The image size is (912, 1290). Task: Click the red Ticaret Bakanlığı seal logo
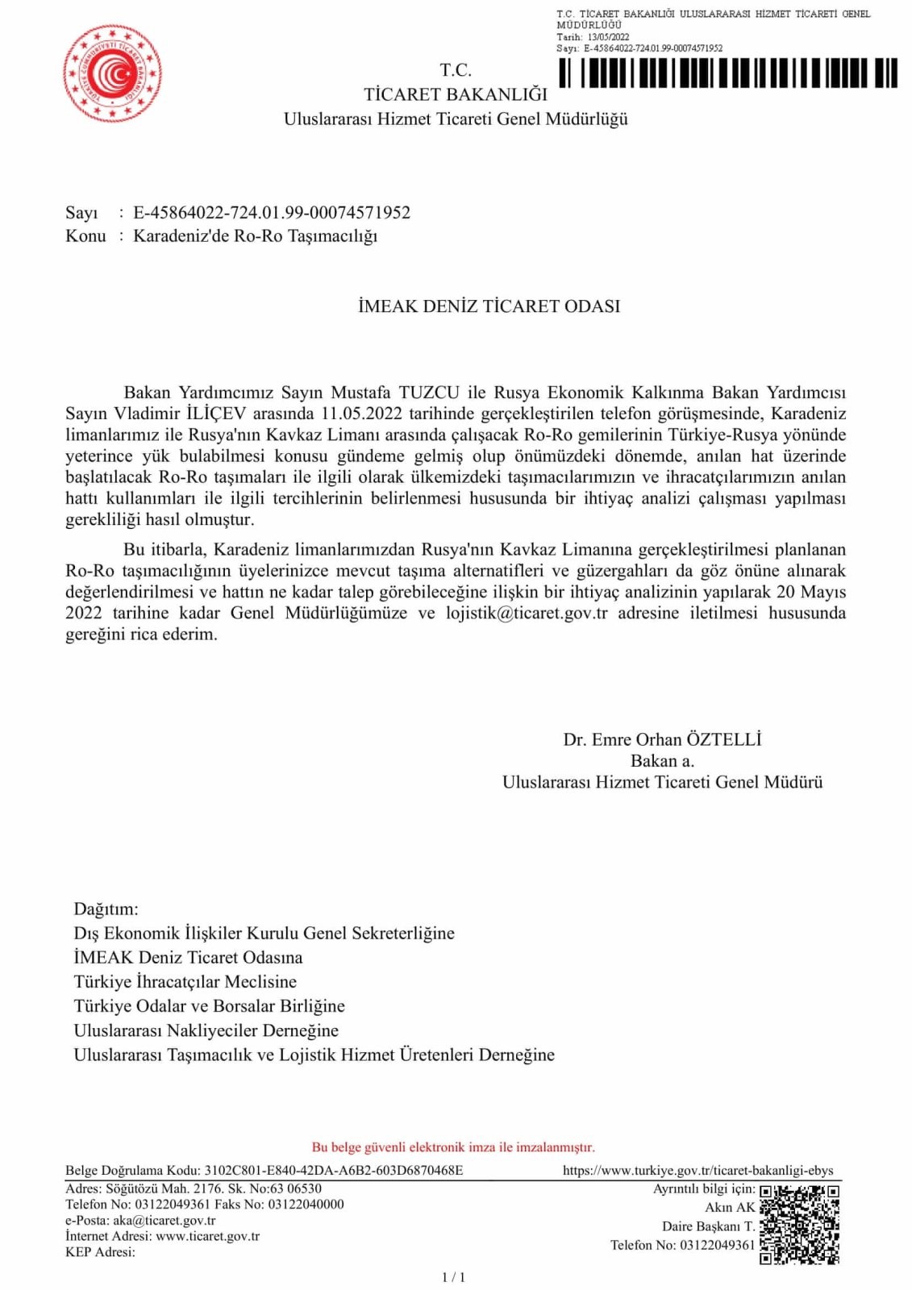[112, 73]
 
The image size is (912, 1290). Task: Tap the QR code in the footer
[799, 1224]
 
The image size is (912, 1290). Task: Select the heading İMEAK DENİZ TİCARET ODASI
[489, 306]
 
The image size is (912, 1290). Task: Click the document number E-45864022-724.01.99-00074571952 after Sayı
[272, 213]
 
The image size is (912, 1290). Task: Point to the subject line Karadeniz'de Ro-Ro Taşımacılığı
[255, 236]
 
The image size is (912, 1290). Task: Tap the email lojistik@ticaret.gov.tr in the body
[527, 613]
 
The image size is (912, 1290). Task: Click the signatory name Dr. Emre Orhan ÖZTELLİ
[662, 739]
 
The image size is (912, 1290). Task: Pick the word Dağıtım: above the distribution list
[106, 909]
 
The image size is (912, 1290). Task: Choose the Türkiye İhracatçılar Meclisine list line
[185, 981]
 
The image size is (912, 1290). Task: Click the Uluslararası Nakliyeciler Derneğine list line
[206, 1030]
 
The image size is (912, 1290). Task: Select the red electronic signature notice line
[453, 1146]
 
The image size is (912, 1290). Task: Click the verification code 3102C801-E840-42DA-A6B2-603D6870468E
[333, 1170]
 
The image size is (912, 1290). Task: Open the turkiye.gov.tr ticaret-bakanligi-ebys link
[698, 1170]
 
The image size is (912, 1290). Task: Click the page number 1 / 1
[453, 1277]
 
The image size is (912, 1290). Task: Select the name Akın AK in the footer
[730, 1207]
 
